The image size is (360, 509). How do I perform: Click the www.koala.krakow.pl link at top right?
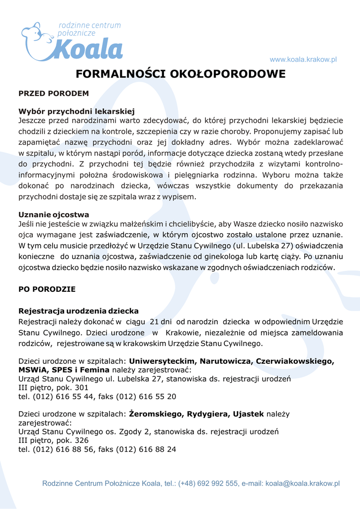tap(303, 60)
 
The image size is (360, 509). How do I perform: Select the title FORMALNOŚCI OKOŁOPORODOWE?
tap(180, 74)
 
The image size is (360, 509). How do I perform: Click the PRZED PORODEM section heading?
tap(54, 93)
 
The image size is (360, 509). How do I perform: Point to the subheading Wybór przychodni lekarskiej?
tap(77, 111)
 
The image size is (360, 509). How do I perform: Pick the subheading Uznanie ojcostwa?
tap(54, 214)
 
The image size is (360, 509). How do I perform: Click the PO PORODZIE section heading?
tap(47, 288)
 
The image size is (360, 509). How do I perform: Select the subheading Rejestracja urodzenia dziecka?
tap(79, 311)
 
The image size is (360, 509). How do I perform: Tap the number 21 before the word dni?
tap(154, 322)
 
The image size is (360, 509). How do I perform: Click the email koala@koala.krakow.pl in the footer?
tap(302, 483)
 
